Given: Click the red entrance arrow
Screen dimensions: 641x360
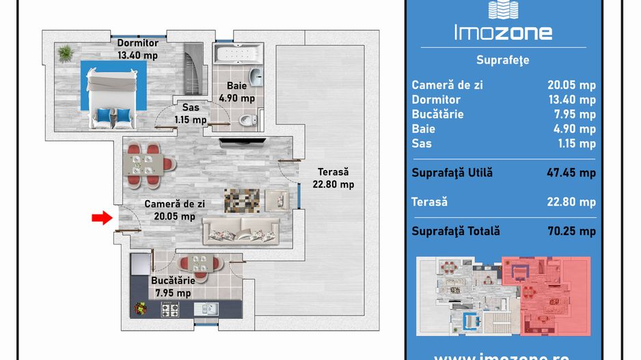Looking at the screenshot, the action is pyautogui.click(x=102, y=218).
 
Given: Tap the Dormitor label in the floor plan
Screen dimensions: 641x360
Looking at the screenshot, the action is pyautogui.click(x=138, y=43).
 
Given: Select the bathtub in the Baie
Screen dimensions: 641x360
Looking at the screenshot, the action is pyautogui.click(x=238, y=53).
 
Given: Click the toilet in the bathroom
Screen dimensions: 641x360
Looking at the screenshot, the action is pyautogui.click(x=249, y=120).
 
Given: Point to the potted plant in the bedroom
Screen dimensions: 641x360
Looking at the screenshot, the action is pyautogui.click(x=66, y=53).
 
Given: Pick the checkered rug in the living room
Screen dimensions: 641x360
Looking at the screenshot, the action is pyautogui.click(x=242, y=201).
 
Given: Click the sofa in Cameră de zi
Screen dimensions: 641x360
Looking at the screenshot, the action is pyautogui.click(x=241, y=232).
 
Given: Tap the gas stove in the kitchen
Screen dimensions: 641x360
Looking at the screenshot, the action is pyautogui.click(x=169, y=309).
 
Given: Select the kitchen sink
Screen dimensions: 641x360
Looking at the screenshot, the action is pyautogui.click(x=206, y=309).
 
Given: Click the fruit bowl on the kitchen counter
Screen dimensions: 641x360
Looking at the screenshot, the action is pyautogui.click(x=141, y=308).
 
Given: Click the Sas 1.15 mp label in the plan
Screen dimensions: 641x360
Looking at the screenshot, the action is pyautogui.click(x=191, y=113).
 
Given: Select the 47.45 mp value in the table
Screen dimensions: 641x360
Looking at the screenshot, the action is pyautogui.click(x=571, y=173).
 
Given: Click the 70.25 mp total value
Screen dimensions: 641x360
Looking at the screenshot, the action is pyautogui.click(x=571, y=232).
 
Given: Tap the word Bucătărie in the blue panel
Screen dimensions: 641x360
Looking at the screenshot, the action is pyautogui.click(x=437, y=114).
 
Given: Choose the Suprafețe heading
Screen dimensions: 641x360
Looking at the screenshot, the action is pyautogui.click(x=503, y=61).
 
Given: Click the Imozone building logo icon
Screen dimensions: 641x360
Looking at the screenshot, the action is pyautogui.click(x=503, y=10).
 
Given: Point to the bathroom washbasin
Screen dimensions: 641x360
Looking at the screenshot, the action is pyautogui.click(x=256, y=77).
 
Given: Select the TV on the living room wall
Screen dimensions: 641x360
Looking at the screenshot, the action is pyautogui.click(x=243, y=142).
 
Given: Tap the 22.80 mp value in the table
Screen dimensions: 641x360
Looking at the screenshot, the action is pyautogui.click(x=571, y=202).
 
